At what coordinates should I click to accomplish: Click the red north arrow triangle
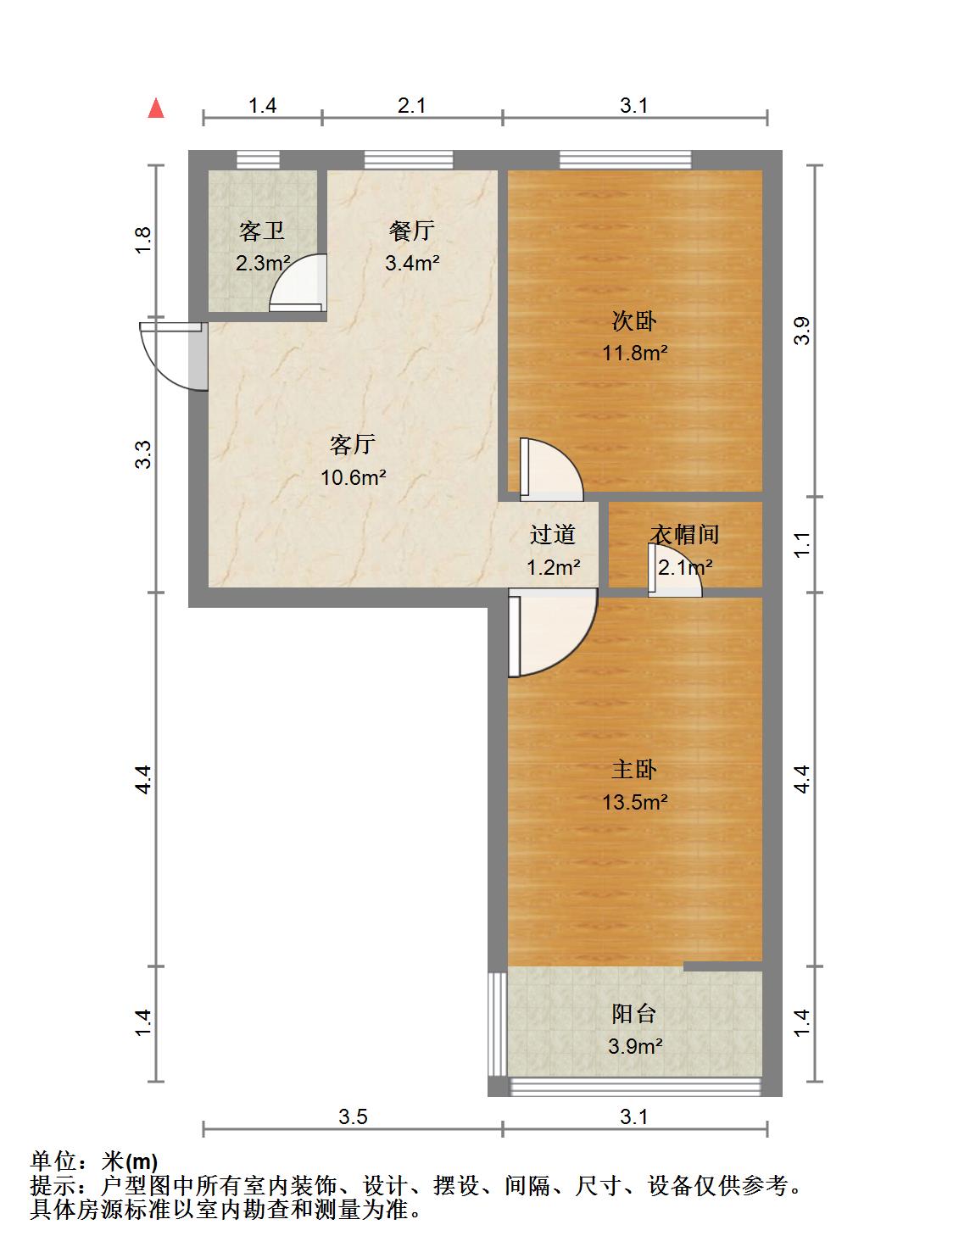coord(156,109)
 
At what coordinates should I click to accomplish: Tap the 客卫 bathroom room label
coord(262,231)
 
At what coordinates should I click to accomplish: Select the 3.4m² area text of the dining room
coord(412,263)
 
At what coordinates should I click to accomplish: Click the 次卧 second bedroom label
coord(633,320)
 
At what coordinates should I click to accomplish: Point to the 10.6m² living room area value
coord(353,477)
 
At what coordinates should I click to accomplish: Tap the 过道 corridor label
coord(552,534)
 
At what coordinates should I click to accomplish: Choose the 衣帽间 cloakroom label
coord(685,534)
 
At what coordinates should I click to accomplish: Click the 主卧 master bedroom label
coord(633,770)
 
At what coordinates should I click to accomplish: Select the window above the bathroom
coord(259,159)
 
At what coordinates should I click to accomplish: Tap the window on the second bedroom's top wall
coord(625,159)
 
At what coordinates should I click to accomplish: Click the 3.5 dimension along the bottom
coord(353,1116)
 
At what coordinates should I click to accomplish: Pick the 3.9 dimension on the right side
coord(802,330)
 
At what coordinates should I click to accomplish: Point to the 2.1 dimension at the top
coord(411,106)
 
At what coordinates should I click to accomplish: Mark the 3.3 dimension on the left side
coord(143,454)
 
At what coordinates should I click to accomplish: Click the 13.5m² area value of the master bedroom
coord(634,802)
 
